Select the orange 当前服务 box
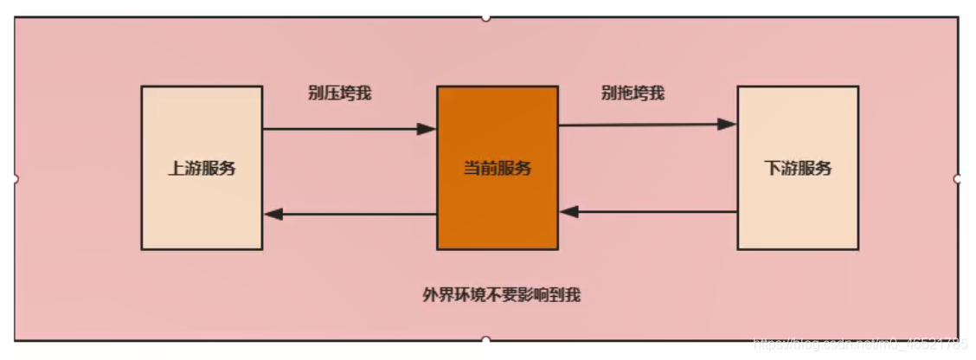click(498, 208)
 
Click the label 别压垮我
click(339, 93)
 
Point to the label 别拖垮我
click(632, 93)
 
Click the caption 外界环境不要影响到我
click(501, 295)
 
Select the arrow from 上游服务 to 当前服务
click(346, 129)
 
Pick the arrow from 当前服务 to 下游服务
click(645, 125)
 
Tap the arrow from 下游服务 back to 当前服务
click(649, 211)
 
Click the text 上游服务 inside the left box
click(202, 168)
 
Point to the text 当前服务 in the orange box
click(498, 168)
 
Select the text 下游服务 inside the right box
click(798, 168)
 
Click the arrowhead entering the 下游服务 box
click(728, 124)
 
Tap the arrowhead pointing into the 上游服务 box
click(274, 214)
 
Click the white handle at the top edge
click(486, 16)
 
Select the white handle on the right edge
click(958, 178)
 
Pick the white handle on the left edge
click(15, 178)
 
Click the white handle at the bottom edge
click(486, 340)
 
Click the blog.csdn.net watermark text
click(862, 345)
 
